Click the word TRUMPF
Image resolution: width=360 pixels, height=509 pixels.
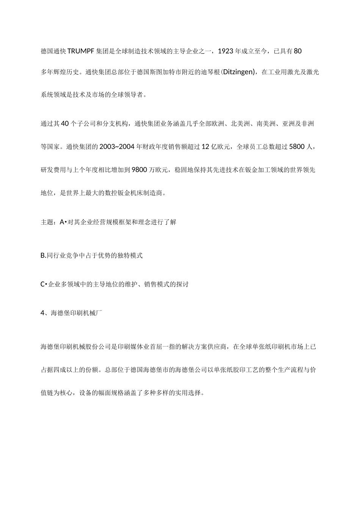point(81,51)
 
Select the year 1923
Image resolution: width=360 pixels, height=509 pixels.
point(226,51)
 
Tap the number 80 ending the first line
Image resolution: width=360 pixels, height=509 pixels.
point(297,51)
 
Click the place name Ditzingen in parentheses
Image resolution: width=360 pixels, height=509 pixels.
point(238,72)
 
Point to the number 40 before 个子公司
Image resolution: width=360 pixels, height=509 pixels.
point(64,124)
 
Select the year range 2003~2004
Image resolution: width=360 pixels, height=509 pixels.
point(117,147)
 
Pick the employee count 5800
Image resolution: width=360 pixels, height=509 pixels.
point(297,147)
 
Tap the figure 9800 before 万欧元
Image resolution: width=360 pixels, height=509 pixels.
point(139,170)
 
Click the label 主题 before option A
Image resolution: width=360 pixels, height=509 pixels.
point(47,222)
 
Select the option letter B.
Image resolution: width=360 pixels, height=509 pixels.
point(43,256)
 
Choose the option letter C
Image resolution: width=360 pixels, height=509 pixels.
point(43,284)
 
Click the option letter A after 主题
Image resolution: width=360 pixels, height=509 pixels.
point(62,222)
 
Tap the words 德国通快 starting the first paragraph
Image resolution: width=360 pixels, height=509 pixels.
point(53,51)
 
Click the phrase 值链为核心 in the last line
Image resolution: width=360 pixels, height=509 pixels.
point(57,393)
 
